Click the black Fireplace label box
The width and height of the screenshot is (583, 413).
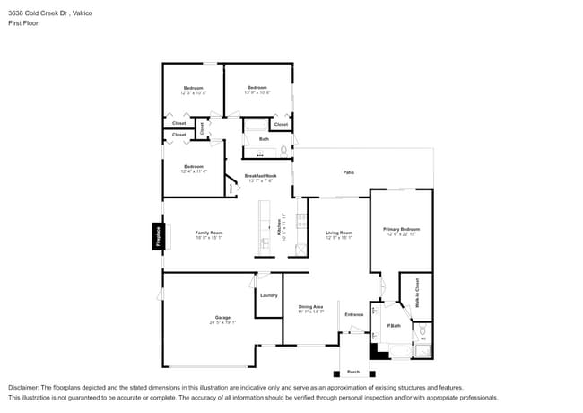coord(158,236)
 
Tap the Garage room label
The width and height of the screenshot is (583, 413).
coord(222,318)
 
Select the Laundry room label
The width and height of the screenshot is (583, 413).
coord(268,295)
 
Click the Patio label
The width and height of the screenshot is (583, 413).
coord(348,172)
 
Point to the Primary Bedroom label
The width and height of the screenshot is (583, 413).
coord(401,230)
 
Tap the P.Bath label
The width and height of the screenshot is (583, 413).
coord(394,325)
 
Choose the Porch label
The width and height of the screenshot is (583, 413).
coord(353,372)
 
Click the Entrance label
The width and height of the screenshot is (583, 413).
coord(354,314)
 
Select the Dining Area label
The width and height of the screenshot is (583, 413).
coord(310,307)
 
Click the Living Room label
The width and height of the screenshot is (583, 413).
coord(338,233)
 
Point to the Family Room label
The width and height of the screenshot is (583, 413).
coord(209,233)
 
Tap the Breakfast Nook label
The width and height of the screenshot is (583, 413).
coord(259,176)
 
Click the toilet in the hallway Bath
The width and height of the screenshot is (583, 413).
coord(283,150)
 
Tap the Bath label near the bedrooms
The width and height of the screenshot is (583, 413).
coord(264,139)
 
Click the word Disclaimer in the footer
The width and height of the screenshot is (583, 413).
coord(25,388)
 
